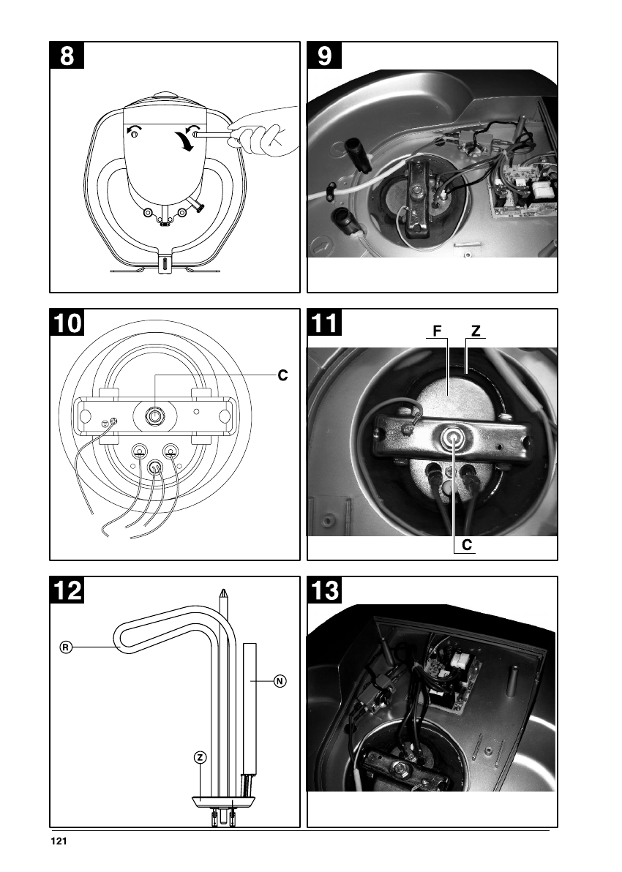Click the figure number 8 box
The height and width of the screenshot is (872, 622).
[67, 56]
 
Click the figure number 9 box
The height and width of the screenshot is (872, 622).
[324, 56]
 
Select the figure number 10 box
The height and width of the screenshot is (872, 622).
[67, 323]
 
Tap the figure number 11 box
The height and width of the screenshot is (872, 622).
[324, 323]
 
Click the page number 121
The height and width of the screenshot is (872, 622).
[59, 841]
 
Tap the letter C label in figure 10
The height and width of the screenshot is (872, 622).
[282, 376]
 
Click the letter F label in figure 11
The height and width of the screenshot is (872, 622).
[437, 331]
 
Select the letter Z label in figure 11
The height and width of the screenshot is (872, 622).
[476, 331]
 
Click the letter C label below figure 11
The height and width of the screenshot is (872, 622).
[466, 545]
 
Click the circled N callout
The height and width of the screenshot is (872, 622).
[279, 681]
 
